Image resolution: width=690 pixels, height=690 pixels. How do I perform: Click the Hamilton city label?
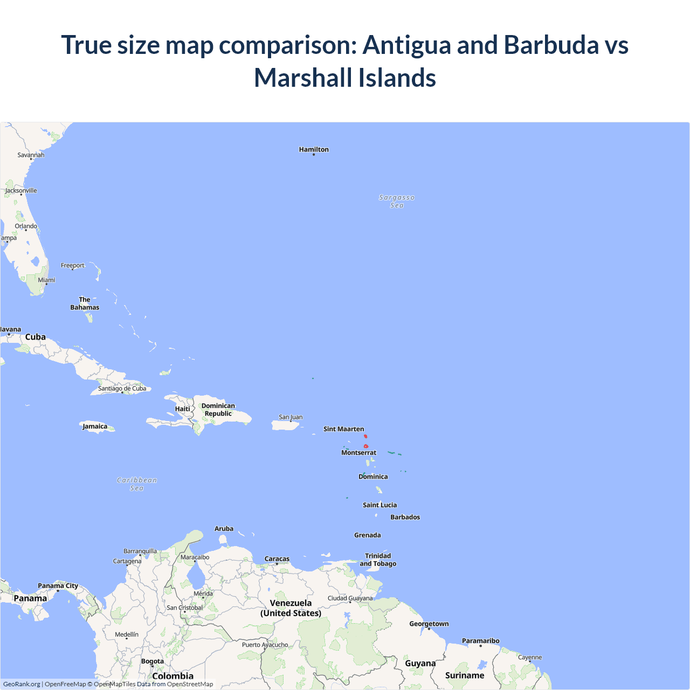click(x=314, y=149)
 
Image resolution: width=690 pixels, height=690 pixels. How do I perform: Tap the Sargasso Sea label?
click(x=397, y=201)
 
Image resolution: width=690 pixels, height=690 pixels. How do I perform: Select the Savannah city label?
click(x=31, y=155)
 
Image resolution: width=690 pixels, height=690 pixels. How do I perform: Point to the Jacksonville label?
click(x=21, y=190)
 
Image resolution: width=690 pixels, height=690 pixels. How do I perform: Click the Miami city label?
click(x=46, y=280)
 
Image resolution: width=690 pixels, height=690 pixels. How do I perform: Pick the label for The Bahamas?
click(x=85, y=303)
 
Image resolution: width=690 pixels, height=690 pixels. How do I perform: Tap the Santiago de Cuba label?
click(x=122, y=388)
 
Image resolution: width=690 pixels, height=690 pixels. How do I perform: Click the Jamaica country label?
click(x=95, y=426)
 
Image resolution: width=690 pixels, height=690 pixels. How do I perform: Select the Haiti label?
click(x=182, y=409)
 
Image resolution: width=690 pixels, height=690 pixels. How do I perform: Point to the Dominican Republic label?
click(x=218, y=410)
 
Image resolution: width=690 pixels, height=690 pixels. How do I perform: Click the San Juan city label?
click(x=291, y=417)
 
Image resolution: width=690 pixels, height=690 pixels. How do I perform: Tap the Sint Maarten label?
click(x=343, y=429)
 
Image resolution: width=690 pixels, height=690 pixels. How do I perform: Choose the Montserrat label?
click(x=358, y=453)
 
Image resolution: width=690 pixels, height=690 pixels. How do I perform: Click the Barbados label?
click(x=405, y=517)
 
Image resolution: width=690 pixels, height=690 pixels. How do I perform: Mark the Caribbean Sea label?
click(x=137, y=484)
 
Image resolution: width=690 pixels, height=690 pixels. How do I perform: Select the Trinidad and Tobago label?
click(x=378, y=560)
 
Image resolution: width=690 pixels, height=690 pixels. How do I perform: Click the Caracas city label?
click(x=277, y=559)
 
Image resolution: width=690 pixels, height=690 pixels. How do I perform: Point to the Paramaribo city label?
click(x=480, y=641)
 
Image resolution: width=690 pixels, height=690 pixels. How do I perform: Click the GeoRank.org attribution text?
click(x=22, y=684)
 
